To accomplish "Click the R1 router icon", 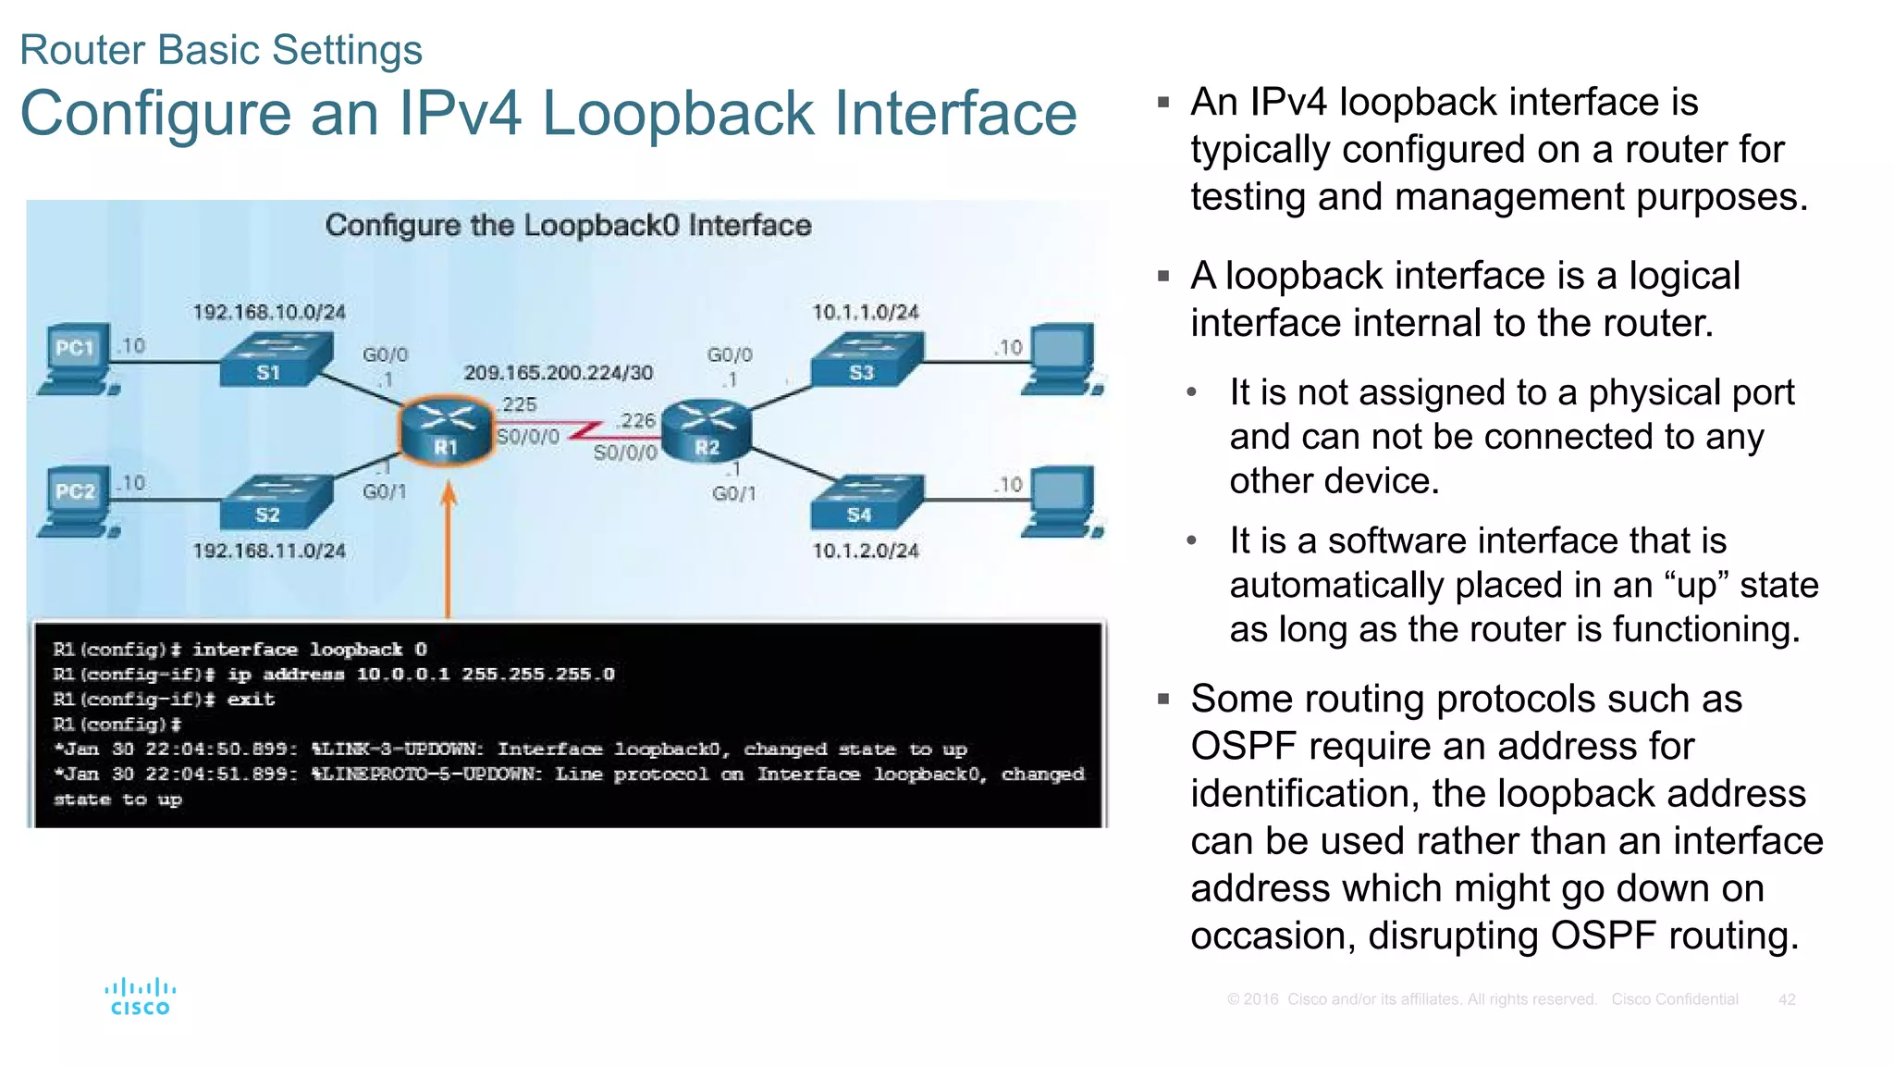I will tap(446, 430).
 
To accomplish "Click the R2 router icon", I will tap(707, 430).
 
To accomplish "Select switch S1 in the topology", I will tap(275, 359).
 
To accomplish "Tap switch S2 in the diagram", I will tap(275, 501).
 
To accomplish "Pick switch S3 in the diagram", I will tap(866, 359).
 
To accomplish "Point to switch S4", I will tap(866, 501).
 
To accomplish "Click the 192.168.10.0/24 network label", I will tap(269, 313).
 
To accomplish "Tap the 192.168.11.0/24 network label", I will tap(269, 552).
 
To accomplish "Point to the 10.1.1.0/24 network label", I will tap(866, 313).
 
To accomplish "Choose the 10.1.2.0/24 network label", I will tap(866, 552).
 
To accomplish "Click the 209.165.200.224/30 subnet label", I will tap(558, 373).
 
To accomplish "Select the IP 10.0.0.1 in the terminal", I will tap(403, 675).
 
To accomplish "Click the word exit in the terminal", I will tap(251, 700).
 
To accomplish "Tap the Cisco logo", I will tap(140, 998).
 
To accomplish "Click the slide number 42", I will tap(1787, 999).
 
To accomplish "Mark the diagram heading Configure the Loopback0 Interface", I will tap(568, 226).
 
